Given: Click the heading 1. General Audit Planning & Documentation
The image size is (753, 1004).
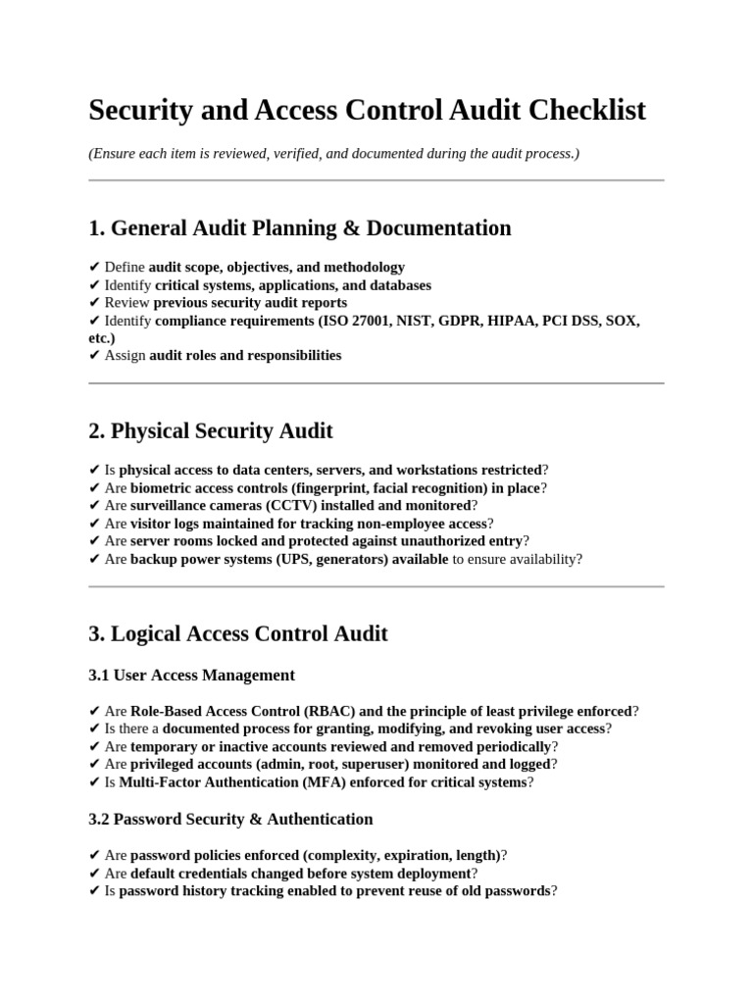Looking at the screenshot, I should coord(299,228).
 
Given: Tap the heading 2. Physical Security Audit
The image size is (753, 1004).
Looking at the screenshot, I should coord(210,431).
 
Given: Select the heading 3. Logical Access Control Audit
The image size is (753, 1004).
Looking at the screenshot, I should coord(237,634).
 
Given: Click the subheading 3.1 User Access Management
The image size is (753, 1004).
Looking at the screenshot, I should coord(191,676).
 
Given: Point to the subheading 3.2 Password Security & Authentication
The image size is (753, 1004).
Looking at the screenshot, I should coord(230,819).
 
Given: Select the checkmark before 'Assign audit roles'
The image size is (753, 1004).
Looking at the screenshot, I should coord(94,356).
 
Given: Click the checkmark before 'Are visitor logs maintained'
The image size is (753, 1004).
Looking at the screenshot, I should coord(94,524).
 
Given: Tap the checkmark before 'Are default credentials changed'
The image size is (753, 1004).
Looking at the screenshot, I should coord(94,874).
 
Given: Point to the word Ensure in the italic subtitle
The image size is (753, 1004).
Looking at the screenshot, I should coord(115,154).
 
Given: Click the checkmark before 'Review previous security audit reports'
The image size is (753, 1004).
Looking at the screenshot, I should coord(94,303).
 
